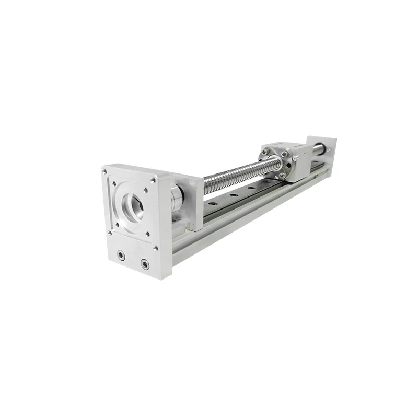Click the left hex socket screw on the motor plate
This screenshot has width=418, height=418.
121,256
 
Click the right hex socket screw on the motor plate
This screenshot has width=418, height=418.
145,264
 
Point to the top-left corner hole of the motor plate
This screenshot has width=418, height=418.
105,171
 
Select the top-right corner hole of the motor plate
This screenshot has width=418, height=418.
154,181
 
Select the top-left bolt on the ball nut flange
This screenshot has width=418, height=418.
266,152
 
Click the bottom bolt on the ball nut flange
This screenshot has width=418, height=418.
282,176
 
